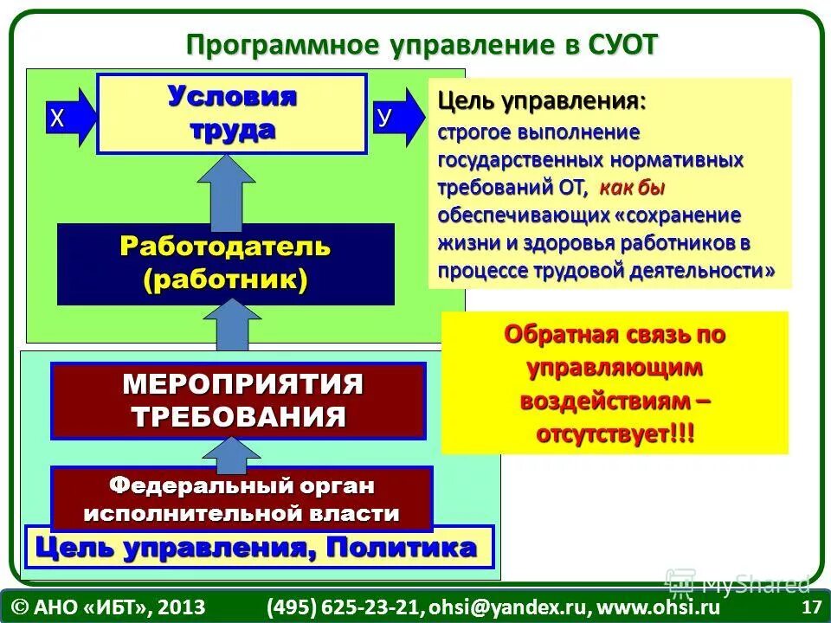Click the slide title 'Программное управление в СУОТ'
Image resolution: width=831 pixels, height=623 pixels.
click(422, 43)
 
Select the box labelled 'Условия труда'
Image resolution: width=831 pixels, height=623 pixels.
click(232, 113)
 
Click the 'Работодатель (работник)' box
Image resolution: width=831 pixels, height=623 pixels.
click(225, 263)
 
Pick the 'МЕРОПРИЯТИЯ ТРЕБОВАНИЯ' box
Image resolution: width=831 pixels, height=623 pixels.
click(238, 401)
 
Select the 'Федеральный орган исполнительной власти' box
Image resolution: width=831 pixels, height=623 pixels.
click(242, 499)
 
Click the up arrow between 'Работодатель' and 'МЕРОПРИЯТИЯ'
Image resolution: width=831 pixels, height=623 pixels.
click(226, 327)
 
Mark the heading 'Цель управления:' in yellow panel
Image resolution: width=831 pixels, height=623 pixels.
click(541, 100)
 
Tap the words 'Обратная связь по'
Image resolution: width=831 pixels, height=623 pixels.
click(615, 334)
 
